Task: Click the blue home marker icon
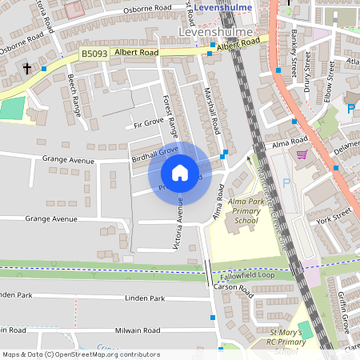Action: (180, 172)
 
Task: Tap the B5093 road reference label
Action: (94, 54)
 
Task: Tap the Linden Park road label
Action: (145, 298)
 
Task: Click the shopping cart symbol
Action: (302, 155)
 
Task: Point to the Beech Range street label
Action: (74, 95)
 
